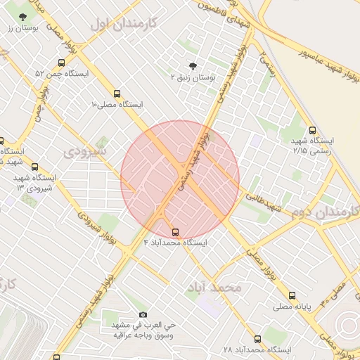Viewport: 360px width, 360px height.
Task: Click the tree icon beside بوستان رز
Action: pyautogui.click(x=24, y=16)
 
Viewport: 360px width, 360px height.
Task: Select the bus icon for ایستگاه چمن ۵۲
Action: pyautogui.click(x=62, y=61)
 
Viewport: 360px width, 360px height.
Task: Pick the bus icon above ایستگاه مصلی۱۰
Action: pyautogui.click(x=117, y=93)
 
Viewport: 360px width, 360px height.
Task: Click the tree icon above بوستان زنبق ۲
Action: pyautogui.click(x=193, y=65)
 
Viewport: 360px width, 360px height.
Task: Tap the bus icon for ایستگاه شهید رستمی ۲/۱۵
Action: pyautogui.click(x=313, y=129)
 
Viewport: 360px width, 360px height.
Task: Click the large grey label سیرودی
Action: pyautogui.click(x=85, y=150)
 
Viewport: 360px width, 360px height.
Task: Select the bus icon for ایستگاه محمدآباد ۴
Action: pyautogui.click(x=174, y=231)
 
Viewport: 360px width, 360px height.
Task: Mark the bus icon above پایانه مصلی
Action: pyautogui.click(x=292, y=295)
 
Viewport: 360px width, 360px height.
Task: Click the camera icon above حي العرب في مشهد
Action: pyautogui.click(x=143, y=314)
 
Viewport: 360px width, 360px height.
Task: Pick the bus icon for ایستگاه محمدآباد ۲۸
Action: pyautogui.click(x=256, y=338)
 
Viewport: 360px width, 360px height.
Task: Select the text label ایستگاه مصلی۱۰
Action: pyautogui.click(x=117, y=104)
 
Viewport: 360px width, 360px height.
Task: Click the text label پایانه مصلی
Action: pyautogui.click(x=292, y=307)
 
